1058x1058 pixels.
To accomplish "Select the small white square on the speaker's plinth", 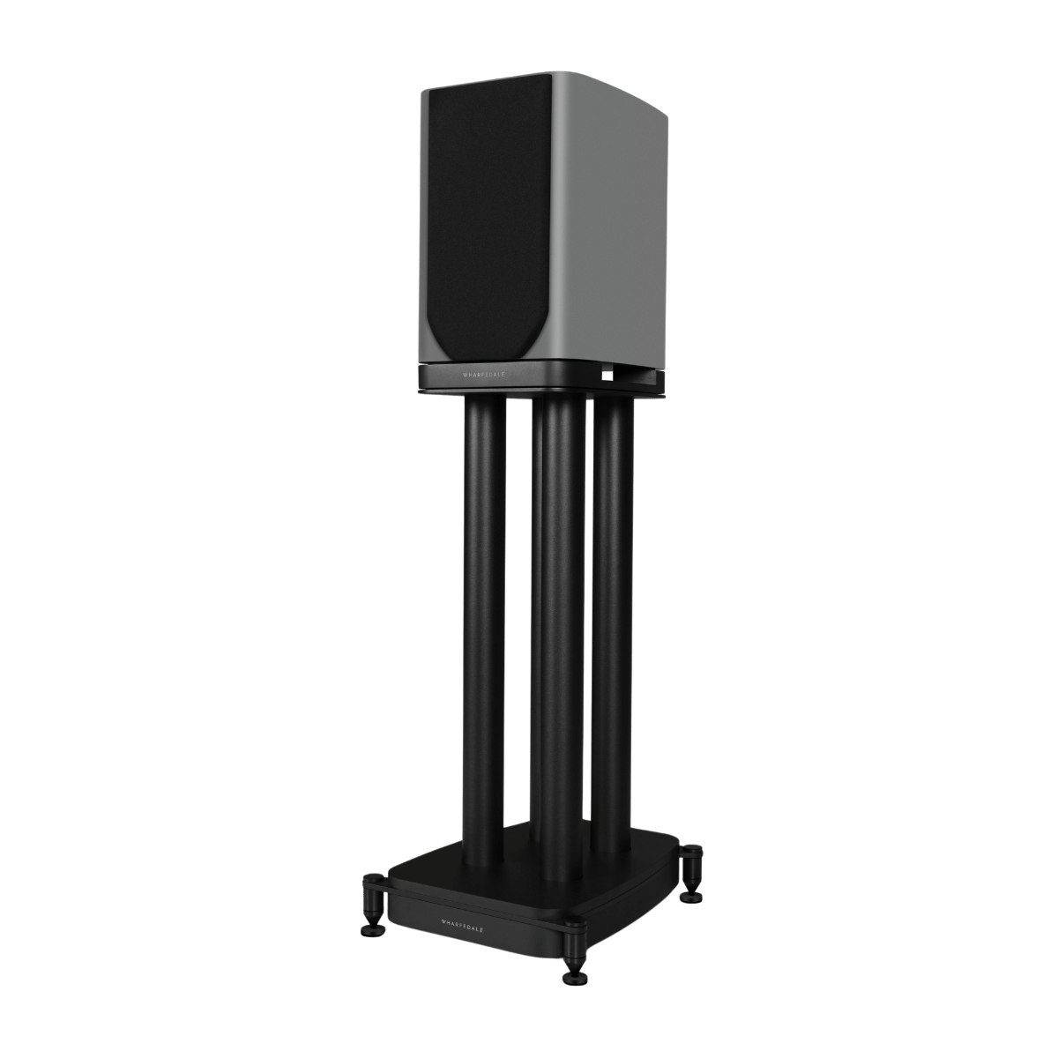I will [x=607, y=373].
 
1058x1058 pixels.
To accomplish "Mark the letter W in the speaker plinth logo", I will [x=466, y=373].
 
